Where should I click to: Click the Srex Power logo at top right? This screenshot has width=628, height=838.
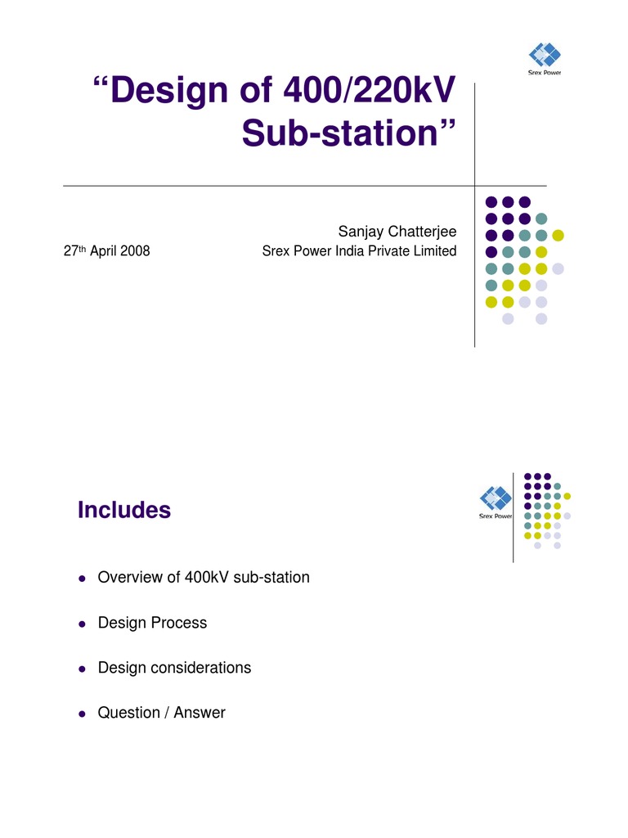click(x=545, y=59)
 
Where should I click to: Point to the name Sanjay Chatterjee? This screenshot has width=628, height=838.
click(x=397, y=232)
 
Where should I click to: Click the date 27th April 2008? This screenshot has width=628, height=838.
click(x=106, y=251)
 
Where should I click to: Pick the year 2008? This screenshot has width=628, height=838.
click(x=134, y=251)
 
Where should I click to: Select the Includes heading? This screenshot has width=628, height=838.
click(x=124, y=511)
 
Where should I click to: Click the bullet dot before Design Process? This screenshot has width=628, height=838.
click(x=82, y=624)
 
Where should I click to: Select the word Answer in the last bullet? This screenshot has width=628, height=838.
click(x=201, y=713)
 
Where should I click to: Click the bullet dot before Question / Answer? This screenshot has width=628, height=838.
click(x=82, y=714)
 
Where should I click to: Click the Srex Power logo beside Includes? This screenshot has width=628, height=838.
click(x=496, y=502)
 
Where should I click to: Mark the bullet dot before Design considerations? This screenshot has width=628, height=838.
click(x=82, y=669)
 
